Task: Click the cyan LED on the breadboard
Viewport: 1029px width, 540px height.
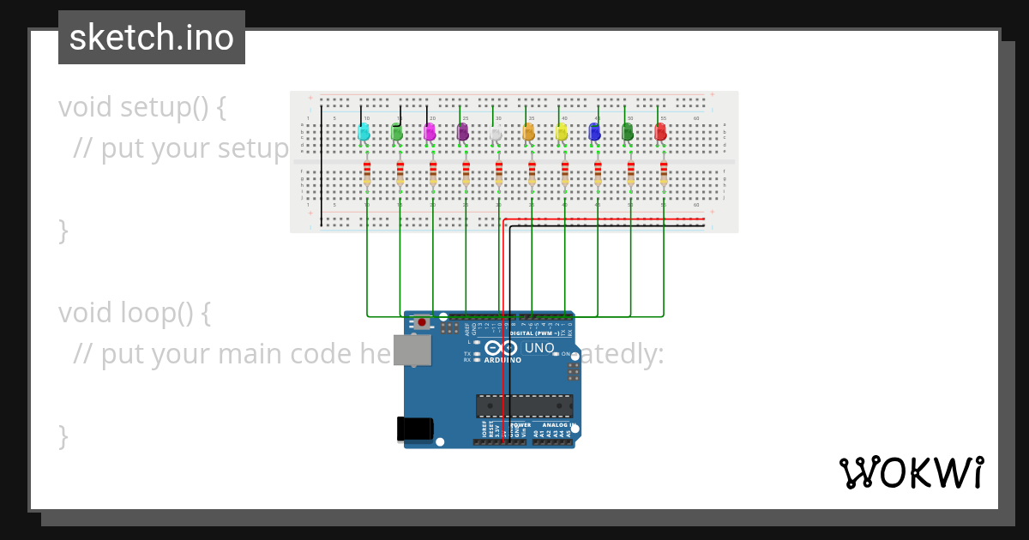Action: pyautogui.click(x=364, y=132)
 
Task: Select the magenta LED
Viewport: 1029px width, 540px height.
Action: pyautogui.click(x=430, y=132)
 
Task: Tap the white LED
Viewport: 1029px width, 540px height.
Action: pyautogui.click(x=496, y=134)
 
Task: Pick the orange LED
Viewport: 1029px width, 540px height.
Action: pyautogui.click(x=528, y=132)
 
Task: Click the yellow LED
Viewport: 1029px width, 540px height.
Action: pyautogui.click(x=562, y=132)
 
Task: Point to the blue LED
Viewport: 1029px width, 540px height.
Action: pyautogui.click(x=594, y=132)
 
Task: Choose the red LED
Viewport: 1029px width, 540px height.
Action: pyautogui.click(x=660, y=132)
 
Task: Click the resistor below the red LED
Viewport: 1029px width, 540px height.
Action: pyautogui.click(x=664, y=173)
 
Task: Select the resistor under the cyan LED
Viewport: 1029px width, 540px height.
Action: pyautogui.click(x=367, y=173)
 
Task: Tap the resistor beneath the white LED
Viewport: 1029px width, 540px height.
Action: pyautogui.click(x=499, y=173)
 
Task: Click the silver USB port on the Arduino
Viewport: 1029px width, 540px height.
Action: pyautogui.click(x=412, y=350)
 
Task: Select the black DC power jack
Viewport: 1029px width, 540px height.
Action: pyautogui.click(x=414, y=429)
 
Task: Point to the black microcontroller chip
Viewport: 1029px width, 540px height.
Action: pyautogui.click(x=525, y=406)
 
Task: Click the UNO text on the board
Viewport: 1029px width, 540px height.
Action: pyautogui.click(x=539, y=348)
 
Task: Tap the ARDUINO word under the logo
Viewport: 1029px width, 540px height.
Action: pyautogui.click(x=502, y=360)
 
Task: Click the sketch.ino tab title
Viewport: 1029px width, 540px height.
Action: pyautogui.click(x=152, y=38)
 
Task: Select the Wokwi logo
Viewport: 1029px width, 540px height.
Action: pyautogui.click(x=911, y=473)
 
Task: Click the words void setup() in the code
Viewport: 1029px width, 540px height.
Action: pyautogui.click(x=142, y=108)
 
